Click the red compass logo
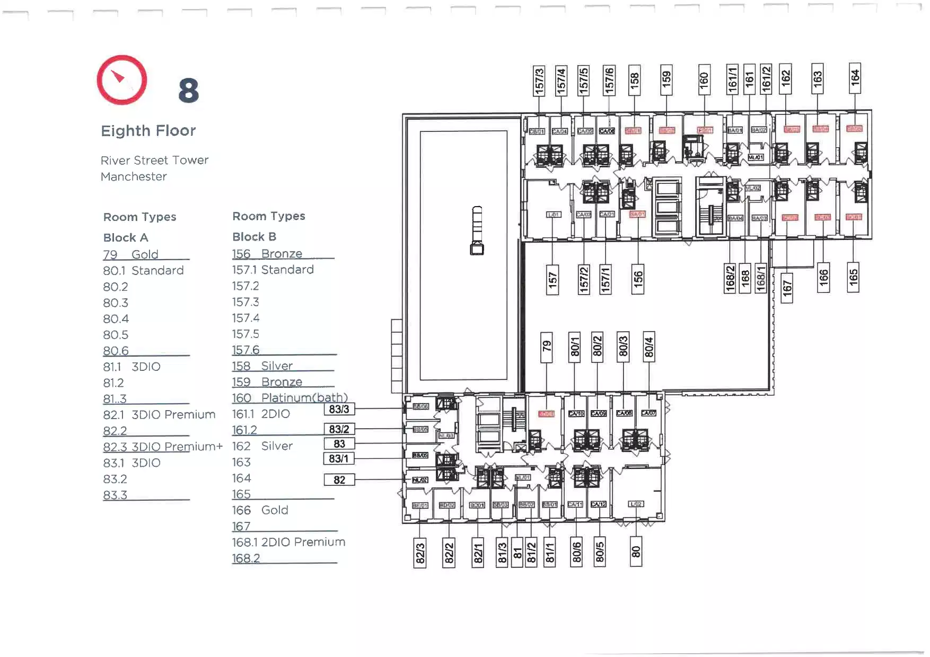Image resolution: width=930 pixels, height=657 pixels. (122, 80)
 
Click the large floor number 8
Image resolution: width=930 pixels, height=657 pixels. (189, 91)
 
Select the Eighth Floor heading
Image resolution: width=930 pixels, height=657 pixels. (148, 131)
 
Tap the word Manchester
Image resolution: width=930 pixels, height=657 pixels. (134, 176)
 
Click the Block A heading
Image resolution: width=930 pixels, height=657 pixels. (126, 238)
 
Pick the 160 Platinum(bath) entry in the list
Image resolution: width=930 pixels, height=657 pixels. (289, 398)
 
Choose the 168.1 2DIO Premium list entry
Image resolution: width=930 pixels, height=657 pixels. (288, 542)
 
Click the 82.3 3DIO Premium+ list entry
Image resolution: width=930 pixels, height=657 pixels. (162, 447)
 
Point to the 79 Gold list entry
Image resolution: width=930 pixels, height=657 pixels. (131, 255)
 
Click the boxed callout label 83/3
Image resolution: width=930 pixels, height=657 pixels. (339, 409)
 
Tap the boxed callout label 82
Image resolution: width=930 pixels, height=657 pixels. (339, 480)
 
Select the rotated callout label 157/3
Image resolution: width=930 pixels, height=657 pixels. (539, 81)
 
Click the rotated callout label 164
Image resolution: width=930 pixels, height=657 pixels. (855, 78)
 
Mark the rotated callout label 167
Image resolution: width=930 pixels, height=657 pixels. (787, 288)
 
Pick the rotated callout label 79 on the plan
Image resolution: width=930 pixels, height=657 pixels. (547, 347)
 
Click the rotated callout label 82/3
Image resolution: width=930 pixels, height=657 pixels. (420, 553)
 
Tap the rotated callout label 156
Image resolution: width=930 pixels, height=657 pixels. (638, 279)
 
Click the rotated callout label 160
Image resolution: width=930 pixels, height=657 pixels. (704, 79)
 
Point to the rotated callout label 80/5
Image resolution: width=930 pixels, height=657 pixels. (600, 552)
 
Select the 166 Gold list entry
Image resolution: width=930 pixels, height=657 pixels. (260, 510)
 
